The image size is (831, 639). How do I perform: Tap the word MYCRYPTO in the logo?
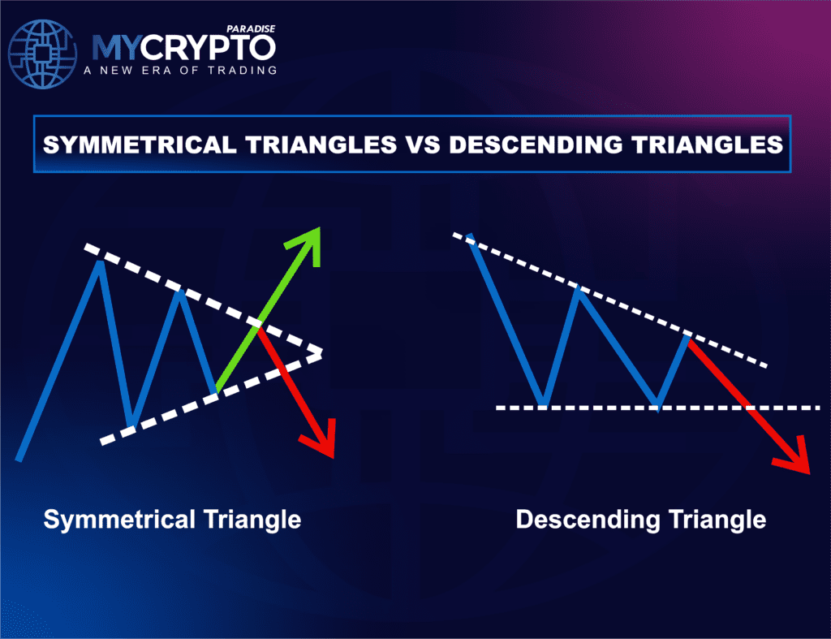[x=183, y=48]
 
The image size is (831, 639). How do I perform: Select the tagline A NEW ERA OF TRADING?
[x=180, y=70]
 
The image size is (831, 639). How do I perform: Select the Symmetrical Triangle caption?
[x=172, y=519]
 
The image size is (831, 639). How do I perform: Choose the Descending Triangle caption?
[x=640, y=519]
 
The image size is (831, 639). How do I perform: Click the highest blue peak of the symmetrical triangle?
[x=100, y=262]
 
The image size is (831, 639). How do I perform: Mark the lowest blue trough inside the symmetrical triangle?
[x=131, y=423]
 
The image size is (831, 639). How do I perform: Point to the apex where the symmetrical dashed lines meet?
[x=321, y=353]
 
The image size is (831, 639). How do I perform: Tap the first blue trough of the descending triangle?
[x=543, y=404]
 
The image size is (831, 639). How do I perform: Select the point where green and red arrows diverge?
[x=259, y=327]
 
